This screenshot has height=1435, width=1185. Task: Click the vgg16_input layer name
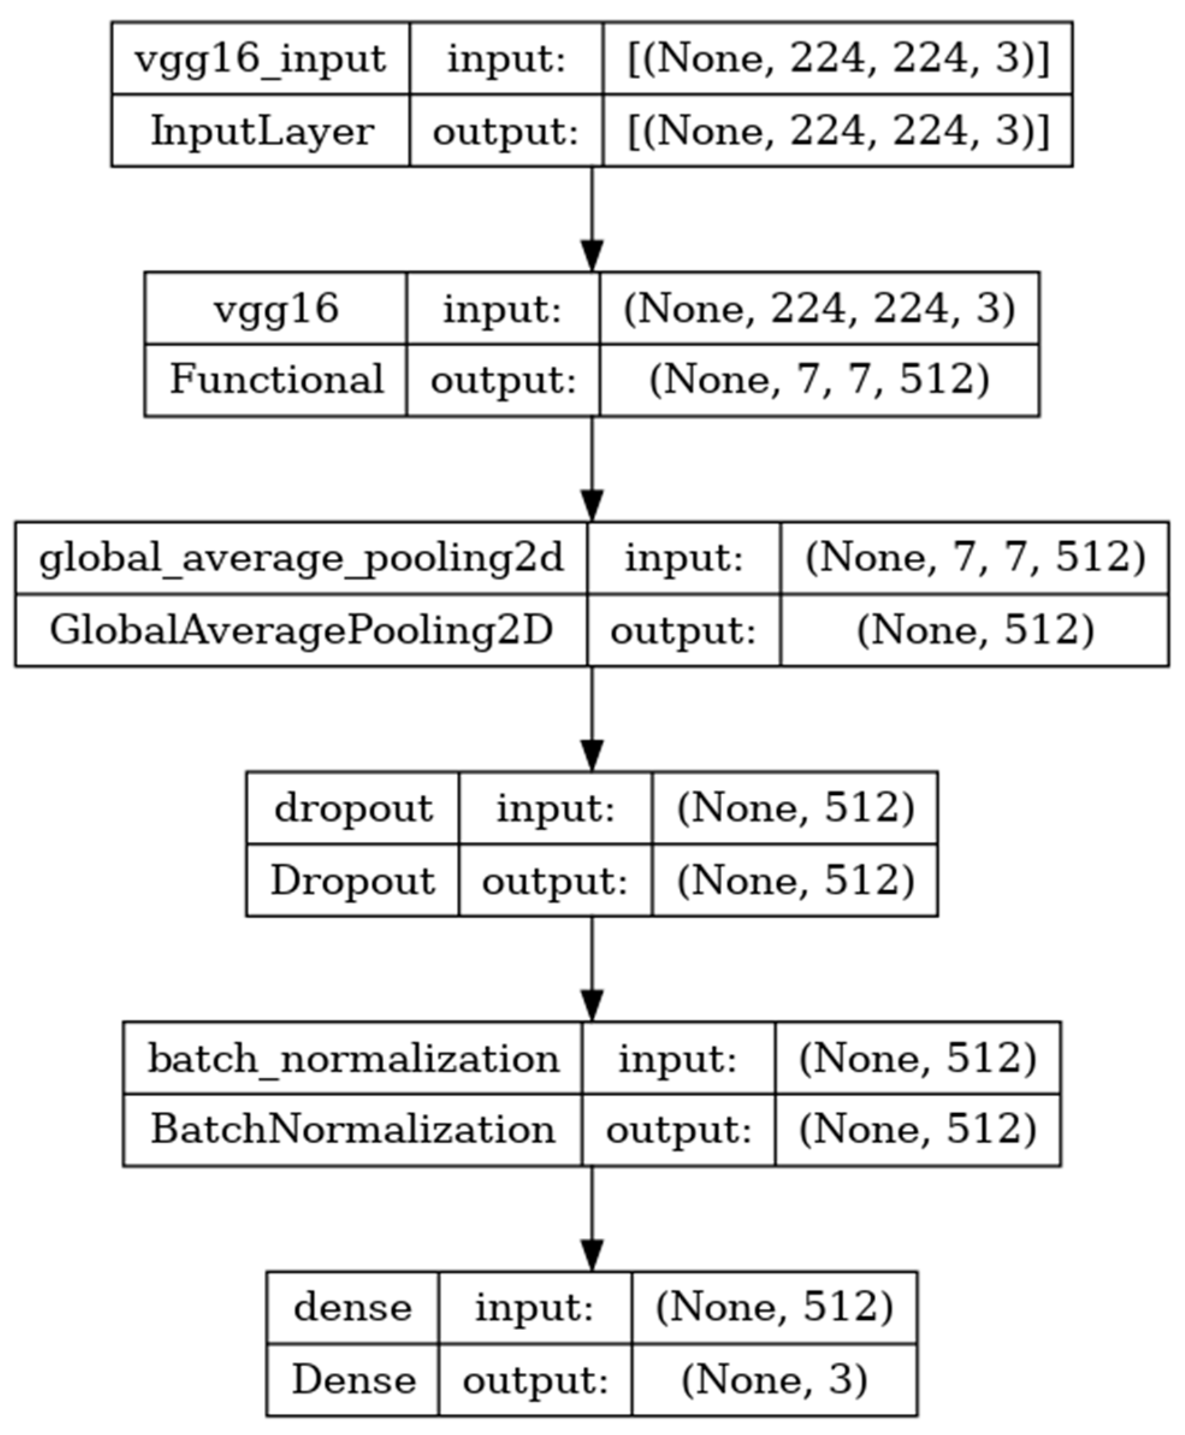coord(260,59)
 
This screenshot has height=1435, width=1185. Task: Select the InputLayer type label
coord(262,131)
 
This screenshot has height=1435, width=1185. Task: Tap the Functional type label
coord(275,380)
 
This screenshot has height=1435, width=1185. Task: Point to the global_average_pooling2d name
coord(301,559)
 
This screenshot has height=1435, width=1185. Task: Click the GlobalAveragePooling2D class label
coord(301,630)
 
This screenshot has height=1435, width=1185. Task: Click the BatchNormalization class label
coord(352,1130)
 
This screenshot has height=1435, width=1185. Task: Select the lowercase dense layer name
coord(352,1309)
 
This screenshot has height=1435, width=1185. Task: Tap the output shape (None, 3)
coord(774,1380)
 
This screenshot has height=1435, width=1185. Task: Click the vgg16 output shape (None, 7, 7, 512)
coord(819,380)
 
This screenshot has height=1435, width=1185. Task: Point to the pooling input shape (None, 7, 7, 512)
coord(974,559)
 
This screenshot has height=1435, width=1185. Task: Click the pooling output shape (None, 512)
coord(974,630)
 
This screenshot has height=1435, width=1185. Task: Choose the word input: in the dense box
coord(535,1309)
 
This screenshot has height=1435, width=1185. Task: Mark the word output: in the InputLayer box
coord(506,131)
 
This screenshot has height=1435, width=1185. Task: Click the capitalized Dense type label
coord(354,1380)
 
